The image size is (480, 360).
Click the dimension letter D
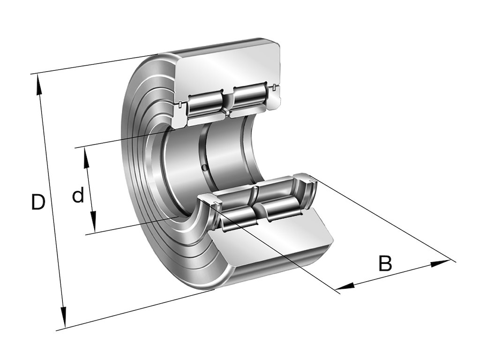[38, 202]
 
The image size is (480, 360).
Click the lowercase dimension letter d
[78, 195]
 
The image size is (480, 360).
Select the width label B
[385, 263]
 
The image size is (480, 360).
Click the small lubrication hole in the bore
[204, 167]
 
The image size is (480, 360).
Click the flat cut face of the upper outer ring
[230, 66]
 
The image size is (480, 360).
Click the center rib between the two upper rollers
[227, 101]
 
